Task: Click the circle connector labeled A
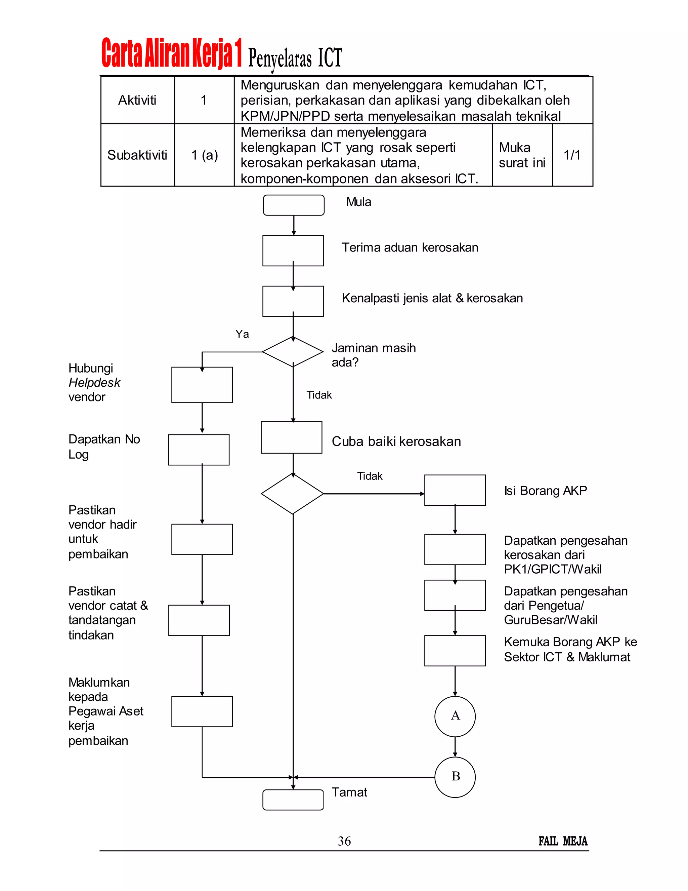click(455, 716)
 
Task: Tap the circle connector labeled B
click(455, 777)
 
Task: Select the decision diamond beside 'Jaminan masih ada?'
click(293, 352)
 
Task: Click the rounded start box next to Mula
click(294, 205)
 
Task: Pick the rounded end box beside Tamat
click(293, 800)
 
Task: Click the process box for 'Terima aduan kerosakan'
click(293, 250)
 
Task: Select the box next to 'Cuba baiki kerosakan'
click(291, 437)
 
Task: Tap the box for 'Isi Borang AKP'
click(455, 490)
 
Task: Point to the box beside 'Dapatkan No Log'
click(199, 450)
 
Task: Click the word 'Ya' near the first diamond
click(242, 334)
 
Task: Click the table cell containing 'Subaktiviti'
click(137, 155)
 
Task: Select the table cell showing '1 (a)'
click(204, 155)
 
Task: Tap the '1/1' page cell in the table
click(572, 155)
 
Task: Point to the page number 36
click(344, 841)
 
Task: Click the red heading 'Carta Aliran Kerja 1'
click(171, 53)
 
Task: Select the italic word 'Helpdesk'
click(94, 383)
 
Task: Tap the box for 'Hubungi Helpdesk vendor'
click(202, 385)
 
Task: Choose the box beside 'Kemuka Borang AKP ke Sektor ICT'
click(455, 650)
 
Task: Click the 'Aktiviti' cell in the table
click(137, 100)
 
